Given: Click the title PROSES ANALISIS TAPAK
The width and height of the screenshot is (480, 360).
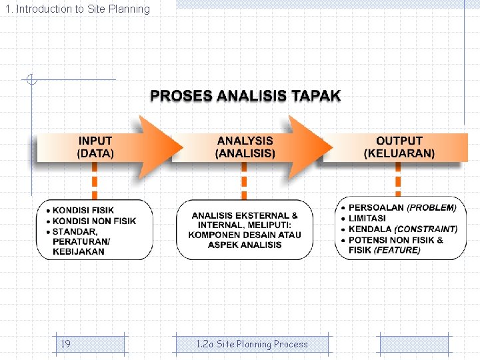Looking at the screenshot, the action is pyautogui.click(x=245, y=96).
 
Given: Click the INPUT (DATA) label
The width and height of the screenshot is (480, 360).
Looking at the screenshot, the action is pyautogui.click(x=95, y=147).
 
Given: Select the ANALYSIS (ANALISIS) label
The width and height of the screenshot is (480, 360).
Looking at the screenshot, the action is pyautogui.click(x=245, y=147).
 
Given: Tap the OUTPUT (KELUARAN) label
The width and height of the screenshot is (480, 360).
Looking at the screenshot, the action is pyautogui.click(x=399, y=147).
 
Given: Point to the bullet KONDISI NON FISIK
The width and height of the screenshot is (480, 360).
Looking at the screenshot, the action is pyautogui.click(x=94, y=221).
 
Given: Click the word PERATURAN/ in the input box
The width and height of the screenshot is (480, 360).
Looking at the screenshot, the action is pyautogui.click(x=81, y=241).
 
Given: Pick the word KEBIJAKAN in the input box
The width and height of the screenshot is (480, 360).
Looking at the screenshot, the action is pyautogui.click(x=79, y=251).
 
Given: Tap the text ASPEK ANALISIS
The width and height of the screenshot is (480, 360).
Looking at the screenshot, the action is pyautogui.click(x=245, y=245).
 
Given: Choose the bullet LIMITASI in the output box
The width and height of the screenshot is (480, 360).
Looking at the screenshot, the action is pyautogui.click(x=367, y=219).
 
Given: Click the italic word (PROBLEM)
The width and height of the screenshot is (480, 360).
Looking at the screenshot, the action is pyautogui.click(x=431, y=208).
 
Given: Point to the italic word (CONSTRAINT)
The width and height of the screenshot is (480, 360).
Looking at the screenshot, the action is pyautogui.click(x=426, y=229).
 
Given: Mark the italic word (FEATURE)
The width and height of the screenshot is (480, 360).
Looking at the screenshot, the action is pyautogui.click(x=397, y=250).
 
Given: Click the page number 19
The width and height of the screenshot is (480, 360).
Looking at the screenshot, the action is pyautogui.click(x=66, y=344).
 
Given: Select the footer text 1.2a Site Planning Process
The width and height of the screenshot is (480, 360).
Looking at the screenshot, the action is pyautogui.click(x=252, y=344).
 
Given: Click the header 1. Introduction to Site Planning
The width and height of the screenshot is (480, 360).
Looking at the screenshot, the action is pyautogui.click(x=77, y=9).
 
